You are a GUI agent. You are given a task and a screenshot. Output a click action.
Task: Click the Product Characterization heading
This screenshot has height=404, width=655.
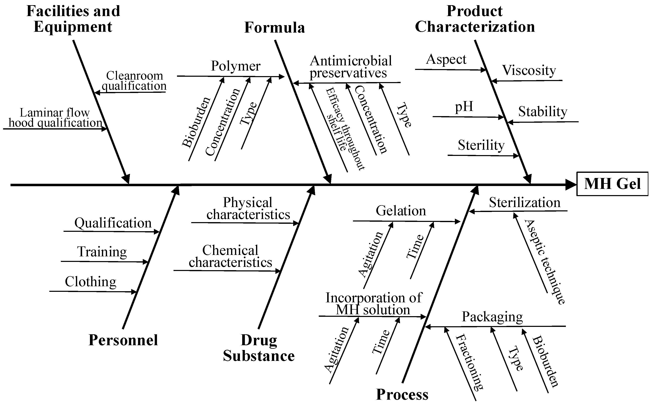tap(475, 19)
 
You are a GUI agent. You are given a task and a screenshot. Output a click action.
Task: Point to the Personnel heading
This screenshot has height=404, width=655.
tap(123, 340)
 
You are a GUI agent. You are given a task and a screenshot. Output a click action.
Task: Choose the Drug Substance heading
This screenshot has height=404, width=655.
tap(259, 348)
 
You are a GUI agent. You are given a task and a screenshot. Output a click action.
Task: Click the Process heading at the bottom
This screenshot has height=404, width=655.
tap(402, 394)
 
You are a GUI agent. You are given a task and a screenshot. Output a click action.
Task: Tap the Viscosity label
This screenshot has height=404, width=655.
tap(529, 70)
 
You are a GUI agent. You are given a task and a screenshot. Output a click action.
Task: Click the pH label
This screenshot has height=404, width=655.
tap(464, 107)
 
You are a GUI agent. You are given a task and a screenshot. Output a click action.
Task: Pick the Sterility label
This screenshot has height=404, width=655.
tap(481, 145)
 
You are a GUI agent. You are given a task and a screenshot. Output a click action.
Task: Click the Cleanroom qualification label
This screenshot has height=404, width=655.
tap(134, 81)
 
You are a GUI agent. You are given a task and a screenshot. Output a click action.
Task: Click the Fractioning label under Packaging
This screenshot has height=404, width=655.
tap(469, 362)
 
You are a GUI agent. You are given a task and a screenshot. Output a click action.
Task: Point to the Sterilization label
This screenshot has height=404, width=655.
tap(524, 202)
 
